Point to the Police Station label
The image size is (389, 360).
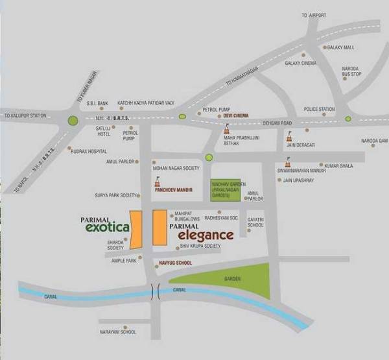[320, 110]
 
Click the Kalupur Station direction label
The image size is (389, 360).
[25, 116]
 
